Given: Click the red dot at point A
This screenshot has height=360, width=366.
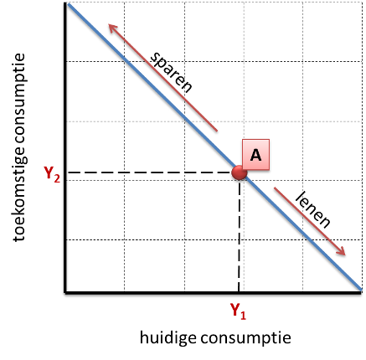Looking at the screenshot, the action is (x=240, y=172).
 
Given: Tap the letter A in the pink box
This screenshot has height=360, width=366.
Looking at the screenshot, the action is (x=255, y=155).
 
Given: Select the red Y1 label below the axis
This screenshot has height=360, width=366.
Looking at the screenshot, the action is (x=238, y=311).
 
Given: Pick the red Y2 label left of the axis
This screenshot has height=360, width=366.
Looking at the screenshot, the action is (x=52, y=174).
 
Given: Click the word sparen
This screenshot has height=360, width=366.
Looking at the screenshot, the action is (x=171, y=72).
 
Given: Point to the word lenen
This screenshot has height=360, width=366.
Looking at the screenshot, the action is (x=312, y=210).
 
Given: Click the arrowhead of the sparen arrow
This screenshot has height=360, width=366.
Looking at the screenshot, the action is (x=112, y=28).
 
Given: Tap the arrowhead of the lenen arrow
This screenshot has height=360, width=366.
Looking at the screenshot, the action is (x=342, y=251).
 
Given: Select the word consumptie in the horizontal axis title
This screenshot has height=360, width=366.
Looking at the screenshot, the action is (x=246, y=338).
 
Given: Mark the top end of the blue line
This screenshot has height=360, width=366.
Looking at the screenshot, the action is (x=68, y=3).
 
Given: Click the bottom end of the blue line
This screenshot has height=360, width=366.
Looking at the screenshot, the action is (x=361, y=291).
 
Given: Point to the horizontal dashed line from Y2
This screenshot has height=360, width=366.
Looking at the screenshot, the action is (x=150, y=172).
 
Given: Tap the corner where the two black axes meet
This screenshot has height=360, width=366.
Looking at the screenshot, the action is (x=65, y=292).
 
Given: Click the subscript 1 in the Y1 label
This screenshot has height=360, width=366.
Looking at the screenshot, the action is (x=243, y=316).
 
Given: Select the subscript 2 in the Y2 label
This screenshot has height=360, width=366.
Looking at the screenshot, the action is (x=57, y=178).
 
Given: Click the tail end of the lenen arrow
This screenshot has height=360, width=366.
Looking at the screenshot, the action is (x=275, y=188).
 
